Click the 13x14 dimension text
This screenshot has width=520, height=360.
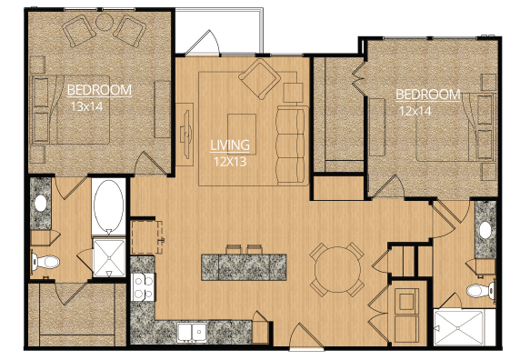click(88, 105)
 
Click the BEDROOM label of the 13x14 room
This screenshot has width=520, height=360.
click(100, 89)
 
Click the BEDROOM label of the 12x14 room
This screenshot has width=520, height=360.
click(428, 95)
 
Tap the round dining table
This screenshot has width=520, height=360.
click(332, 268)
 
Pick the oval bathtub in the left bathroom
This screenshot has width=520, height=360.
click(109, 207)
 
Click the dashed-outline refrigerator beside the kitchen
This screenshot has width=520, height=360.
click(146, 235)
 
